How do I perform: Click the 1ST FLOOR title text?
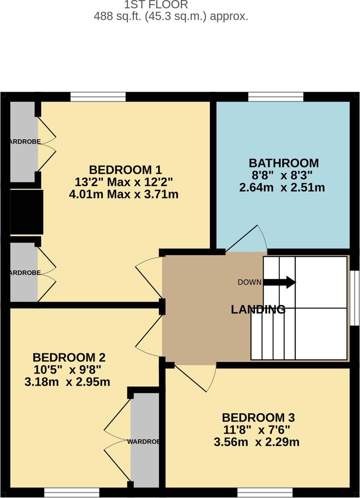tap(156, 5)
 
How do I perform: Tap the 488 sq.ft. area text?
tap(171, 16)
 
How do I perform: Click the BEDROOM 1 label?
tap(125, 170)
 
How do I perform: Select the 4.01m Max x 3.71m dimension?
tap(124, 194)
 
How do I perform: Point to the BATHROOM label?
tap(284, 163)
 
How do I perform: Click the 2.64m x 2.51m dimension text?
tap(282, 187)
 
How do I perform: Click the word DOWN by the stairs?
tap(249, 282)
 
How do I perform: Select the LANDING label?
tap(258, 310)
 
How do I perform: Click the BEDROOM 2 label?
tap(69, 357)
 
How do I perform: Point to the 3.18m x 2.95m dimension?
tap(67, 382)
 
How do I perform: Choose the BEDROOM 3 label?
tap(258, 418)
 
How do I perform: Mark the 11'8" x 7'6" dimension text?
tap(256, 430)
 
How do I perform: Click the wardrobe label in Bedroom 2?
tap(143, 442)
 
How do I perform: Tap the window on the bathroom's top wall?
tap(276, 96)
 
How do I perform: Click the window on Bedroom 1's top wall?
tap(98, 96)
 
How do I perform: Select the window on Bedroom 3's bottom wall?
tap(265, 493)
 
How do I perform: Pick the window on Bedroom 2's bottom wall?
tap(72, 493)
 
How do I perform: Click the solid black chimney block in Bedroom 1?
tap(26, 212)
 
